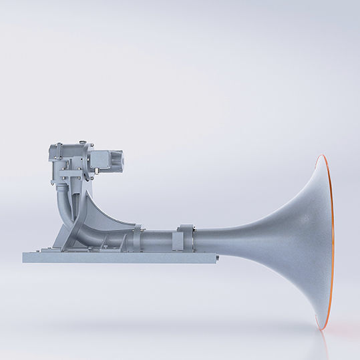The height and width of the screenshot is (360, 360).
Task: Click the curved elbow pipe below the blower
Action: point(68,204)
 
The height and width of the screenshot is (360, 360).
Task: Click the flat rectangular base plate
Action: point(120,256)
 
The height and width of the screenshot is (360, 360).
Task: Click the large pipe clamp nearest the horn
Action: point(184,239)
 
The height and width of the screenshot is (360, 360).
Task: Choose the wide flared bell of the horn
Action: point(301,240)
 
